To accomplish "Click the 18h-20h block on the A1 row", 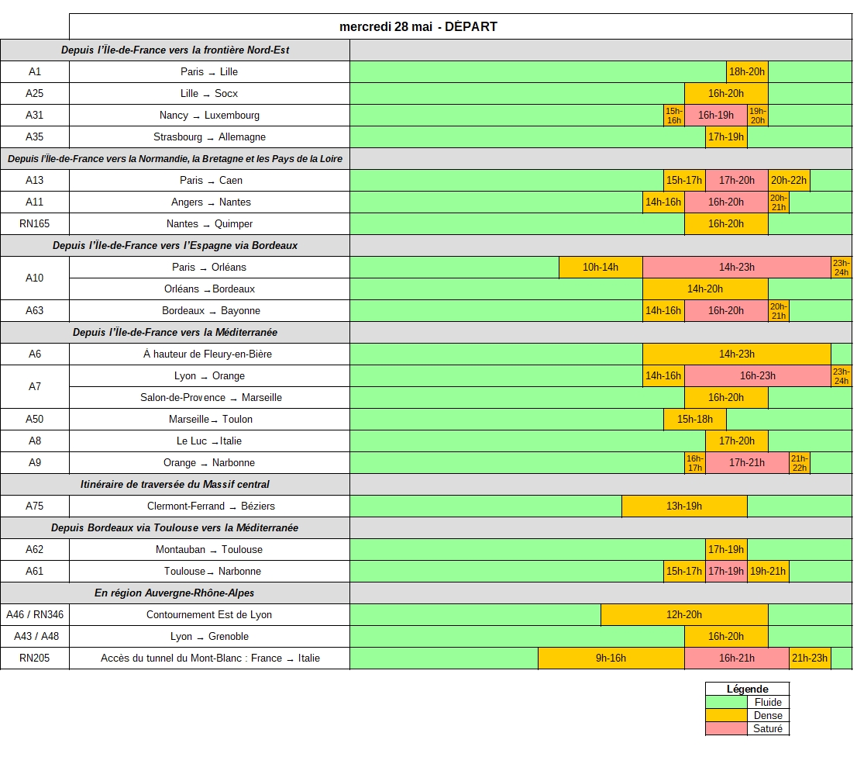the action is coord(747,71).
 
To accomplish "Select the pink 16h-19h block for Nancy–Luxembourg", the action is coord(715,116).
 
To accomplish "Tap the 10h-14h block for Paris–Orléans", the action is coord(601,268).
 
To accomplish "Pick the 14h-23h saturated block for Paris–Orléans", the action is coord(737,268).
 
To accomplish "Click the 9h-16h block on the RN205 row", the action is coord(611,658).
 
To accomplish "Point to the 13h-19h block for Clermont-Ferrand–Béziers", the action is coord(684,506).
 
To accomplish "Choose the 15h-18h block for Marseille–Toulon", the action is coord(695,419).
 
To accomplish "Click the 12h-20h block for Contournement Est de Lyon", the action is coord(684,615).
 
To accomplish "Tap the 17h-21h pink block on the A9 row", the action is coord(747,463).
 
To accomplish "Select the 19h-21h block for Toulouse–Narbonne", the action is coord(768,571).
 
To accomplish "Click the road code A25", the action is coord(34,94).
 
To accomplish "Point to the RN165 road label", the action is coord(34,223).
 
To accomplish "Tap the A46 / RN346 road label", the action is coord(34,615).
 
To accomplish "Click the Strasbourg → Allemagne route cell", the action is coord(209,137).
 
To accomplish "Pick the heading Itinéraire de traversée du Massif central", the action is coord(175,484).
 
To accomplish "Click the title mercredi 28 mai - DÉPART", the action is coord(418,27).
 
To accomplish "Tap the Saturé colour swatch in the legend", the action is coord(726,728).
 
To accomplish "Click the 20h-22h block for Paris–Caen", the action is coord(789,181).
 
